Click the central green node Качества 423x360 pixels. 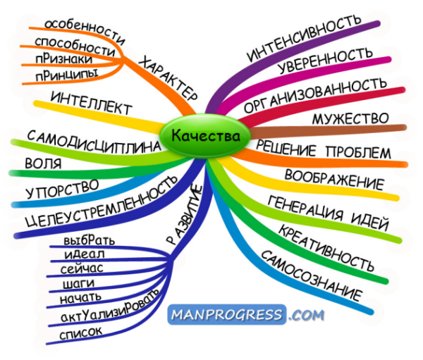click(x=204, y=135)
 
